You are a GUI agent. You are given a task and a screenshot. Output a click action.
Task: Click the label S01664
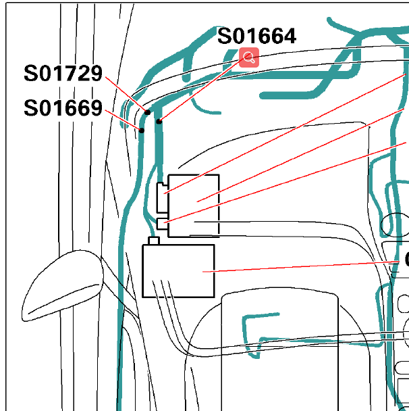[256, 36]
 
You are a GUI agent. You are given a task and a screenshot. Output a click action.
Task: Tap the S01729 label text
[63, 73]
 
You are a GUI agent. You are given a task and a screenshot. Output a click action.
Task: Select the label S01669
[63, 107]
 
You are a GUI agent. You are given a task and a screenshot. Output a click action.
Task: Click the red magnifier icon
[249, 57]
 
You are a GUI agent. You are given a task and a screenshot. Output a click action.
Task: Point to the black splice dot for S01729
[147, 112]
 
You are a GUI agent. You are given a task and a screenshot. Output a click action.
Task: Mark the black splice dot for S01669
[141, 130]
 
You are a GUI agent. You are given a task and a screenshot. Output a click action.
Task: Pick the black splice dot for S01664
[159, 122]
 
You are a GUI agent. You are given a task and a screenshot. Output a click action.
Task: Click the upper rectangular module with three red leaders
[194, 205]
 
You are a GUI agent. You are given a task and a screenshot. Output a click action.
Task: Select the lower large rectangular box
[178, 271]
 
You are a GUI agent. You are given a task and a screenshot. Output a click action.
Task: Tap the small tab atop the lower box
[154, 241]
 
